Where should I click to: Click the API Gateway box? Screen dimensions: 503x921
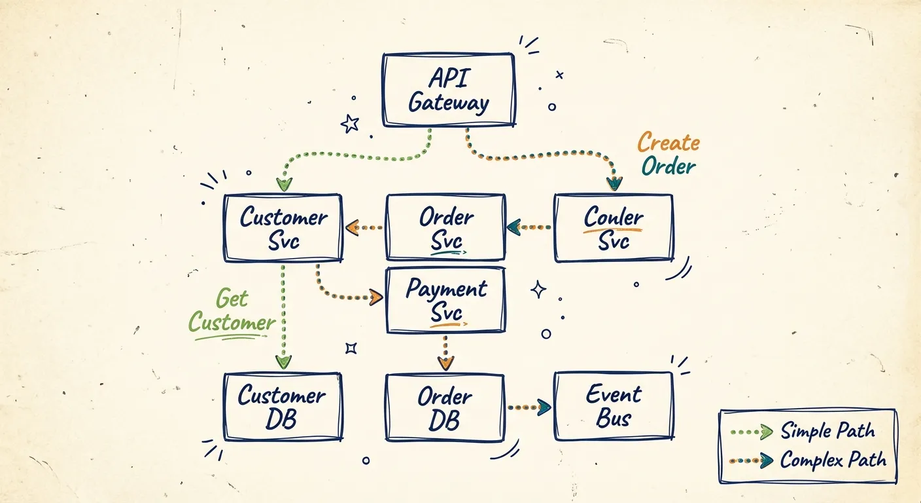[x=448, y=90]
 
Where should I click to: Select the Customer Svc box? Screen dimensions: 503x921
[x=283, y=227]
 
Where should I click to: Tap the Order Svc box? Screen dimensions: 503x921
[x=445, y=227]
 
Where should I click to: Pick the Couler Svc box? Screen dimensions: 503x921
[x=613, y=227]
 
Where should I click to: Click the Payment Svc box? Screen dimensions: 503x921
[x=445, y=299]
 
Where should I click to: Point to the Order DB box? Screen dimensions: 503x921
[x=445, y=406]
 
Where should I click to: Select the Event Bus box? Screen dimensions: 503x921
[x=613, y=406]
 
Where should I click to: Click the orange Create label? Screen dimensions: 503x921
[x=669, y=142]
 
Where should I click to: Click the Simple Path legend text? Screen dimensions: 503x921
[x=827, y=431]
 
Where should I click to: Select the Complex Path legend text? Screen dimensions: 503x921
[x=833, y=459]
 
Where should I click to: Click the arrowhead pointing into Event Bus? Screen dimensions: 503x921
[x=544, y=407]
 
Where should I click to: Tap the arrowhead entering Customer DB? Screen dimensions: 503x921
[x=283, y=361]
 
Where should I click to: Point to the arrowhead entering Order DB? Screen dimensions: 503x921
[x=445, y=362]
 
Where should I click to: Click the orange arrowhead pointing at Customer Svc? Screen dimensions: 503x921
[x=352, y=228]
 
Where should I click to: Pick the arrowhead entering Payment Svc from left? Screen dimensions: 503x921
[x=375, y=297]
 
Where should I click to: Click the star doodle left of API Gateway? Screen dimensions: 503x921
[x=350, y=122]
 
